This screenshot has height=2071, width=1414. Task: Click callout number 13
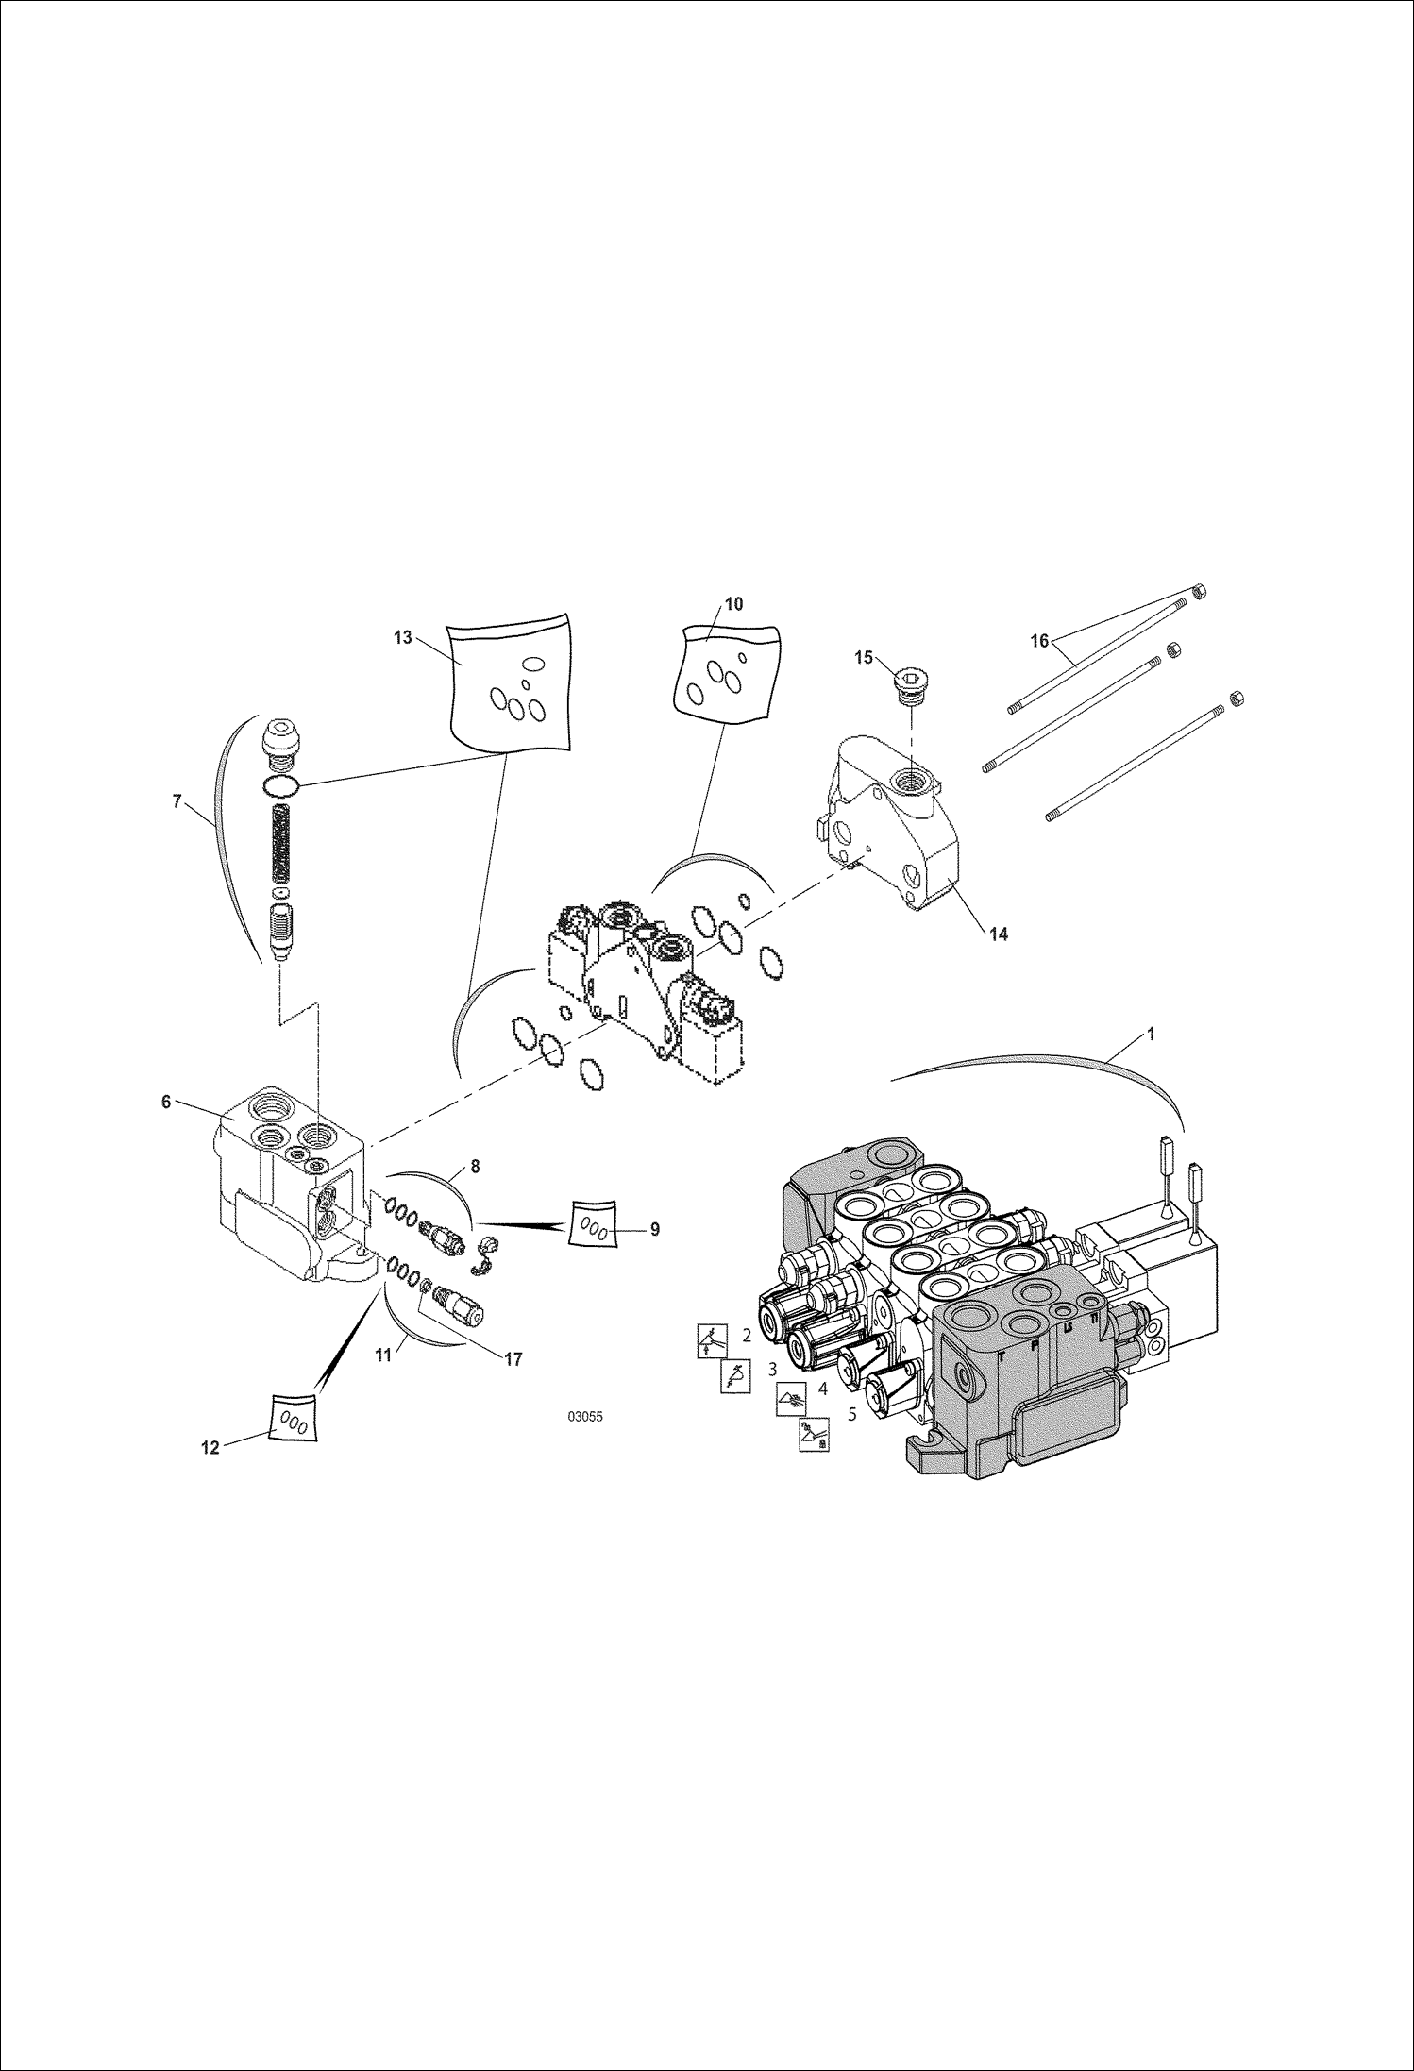click(x=403, y=637)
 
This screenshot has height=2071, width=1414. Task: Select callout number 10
click(x=733, y=604)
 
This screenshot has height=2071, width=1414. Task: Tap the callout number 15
click(x=864, y=658)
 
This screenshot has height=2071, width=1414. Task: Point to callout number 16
click(x=1038, y=641)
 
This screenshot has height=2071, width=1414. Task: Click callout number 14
click(x=998, y=934)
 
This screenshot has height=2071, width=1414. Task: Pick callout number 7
click(x=177, y=801)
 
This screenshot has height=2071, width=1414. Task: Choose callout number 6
click(x=166, y=1102)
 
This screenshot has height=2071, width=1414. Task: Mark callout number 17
click(x=513, y=1360)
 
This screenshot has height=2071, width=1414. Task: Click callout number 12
click(x=210, y=1447)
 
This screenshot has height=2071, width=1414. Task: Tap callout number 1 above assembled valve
click(x=1150, y=1034)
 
